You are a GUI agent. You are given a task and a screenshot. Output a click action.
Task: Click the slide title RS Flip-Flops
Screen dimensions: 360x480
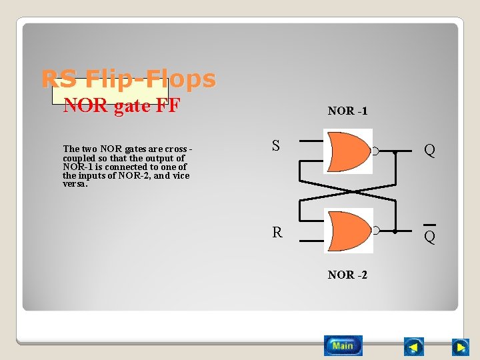[x=129, y=79]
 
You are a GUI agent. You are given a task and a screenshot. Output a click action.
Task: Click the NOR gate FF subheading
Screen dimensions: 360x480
[x=122, y=105]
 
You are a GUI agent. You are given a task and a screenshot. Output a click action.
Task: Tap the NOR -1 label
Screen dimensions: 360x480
[x=347, y=111]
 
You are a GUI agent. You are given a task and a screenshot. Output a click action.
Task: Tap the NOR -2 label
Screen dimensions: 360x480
[x=347, y=275]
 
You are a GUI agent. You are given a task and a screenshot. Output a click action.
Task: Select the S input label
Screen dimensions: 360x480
[x=276, y=145]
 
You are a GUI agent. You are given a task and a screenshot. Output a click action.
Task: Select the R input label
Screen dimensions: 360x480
[x=277, y=232]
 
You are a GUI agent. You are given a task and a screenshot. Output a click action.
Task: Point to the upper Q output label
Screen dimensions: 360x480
[x=430, y=151]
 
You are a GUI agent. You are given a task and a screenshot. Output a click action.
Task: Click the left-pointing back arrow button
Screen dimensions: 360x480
[x=414, y=347]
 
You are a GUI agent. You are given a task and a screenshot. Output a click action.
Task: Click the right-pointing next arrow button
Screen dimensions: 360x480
[x=460, y=347]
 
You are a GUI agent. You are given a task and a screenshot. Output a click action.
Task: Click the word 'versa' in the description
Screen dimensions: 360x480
[x=75, y=184]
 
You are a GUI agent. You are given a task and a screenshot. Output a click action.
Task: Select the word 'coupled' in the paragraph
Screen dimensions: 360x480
[x=79, y=158]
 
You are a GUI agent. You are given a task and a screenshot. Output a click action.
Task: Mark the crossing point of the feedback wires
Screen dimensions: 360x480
[x=347, y=191]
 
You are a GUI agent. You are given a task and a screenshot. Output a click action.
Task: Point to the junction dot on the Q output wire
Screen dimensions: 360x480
[x=395, y=152]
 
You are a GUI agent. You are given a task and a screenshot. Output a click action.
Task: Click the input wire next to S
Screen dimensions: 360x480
[x=310, y=141]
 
